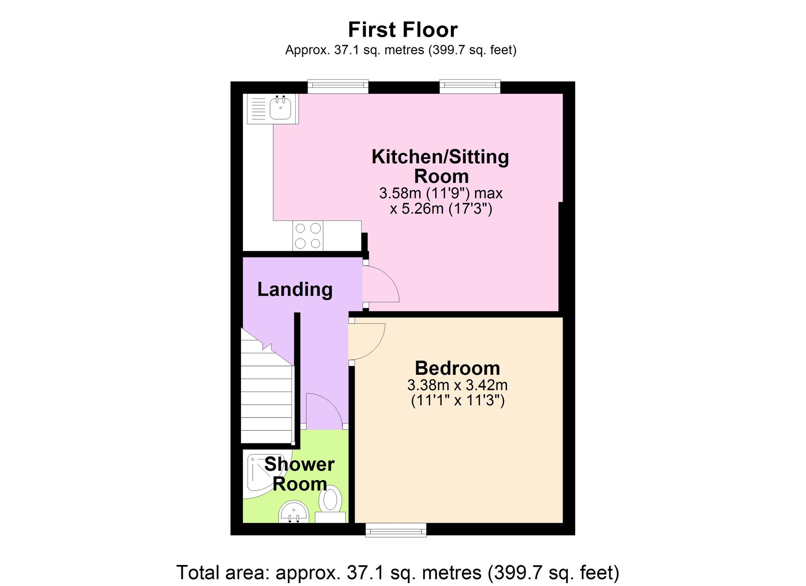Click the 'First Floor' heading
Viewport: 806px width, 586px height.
(x=403, y=30)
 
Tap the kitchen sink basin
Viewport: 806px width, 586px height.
(x=280, y=108)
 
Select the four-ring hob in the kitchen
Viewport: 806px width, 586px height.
(x=308, y=236)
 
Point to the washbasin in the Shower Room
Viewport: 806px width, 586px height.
(x=293, y=512)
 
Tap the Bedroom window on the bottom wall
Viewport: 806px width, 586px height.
(x=396, y=530)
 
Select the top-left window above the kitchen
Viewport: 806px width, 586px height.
(x=338, y=86)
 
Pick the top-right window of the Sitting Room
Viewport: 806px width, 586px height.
(x=470, y=86)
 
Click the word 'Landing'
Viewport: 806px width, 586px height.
(x=295, y=289)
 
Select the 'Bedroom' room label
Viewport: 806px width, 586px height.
(x=457, y=368)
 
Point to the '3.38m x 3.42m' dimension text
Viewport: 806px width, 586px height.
(x=457, y=385)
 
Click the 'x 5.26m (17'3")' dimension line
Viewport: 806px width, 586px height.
(x=441, y=209)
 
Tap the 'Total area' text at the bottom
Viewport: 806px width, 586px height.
(x=398, y=572)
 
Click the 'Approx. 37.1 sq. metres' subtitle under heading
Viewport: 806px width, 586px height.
(x=401, y=50)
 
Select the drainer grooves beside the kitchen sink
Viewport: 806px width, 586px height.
(x=258, y=108)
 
